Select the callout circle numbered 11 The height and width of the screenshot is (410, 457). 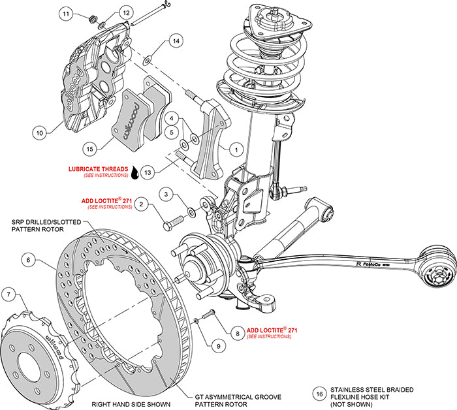point(65,14)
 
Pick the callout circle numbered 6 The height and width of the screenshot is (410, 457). point(29,259)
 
